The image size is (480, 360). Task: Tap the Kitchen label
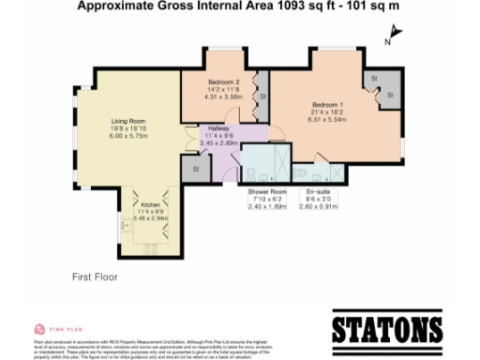point(151,205)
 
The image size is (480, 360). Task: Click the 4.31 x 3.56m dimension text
point(223,97)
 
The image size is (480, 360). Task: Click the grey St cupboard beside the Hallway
point(197,169)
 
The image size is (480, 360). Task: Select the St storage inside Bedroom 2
point(262,96)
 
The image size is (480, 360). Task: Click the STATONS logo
point(387,329)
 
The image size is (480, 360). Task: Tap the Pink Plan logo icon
point(39,329)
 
